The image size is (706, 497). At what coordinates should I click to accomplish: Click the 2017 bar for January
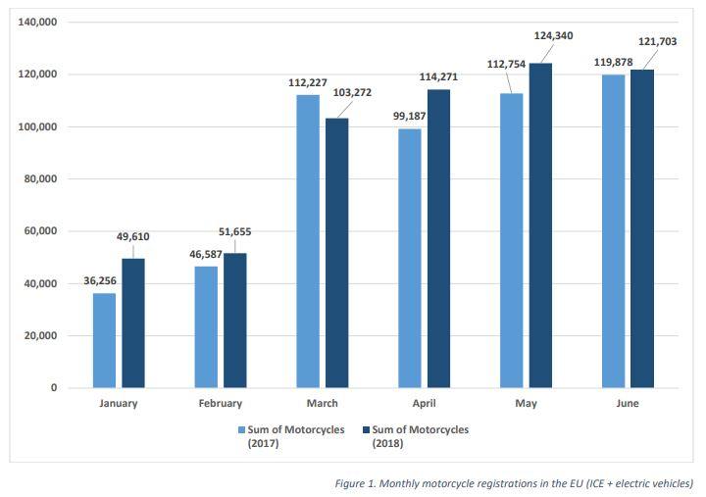point(104,340)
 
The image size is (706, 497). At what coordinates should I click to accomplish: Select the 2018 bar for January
point(133,323)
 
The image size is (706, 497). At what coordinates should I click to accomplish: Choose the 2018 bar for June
point(642,228)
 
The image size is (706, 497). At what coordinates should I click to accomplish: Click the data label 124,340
point(553,36)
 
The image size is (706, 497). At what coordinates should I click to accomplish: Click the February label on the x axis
point(220,403)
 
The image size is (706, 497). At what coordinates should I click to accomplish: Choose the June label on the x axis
point(628,403)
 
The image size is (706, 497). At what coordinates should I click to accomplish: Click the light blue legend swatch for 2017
point(239,429)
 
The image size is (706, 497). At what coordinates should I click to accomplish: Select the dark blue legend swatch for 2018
point(366,429)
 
